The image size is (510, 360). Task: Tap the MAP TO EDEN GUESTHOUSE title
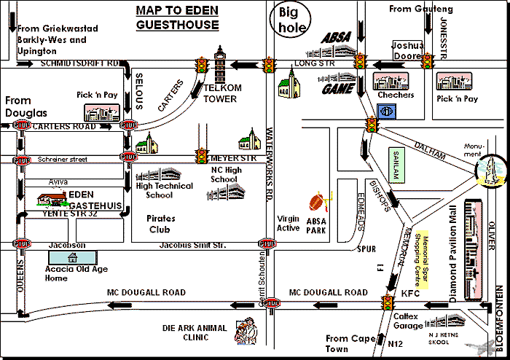(178, 17)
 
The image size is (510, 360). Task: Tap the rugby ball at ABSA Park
(317, 202)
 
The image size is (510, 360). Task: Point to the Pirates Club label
(161, 223)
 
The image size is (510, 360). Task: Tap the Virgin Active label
(289, 223)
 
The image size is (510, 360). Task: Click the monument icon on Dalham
(490, 171)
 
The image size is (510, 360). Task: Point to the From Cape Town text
(347, 344)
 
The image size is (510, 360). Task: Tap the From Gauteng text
(421, 9)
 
